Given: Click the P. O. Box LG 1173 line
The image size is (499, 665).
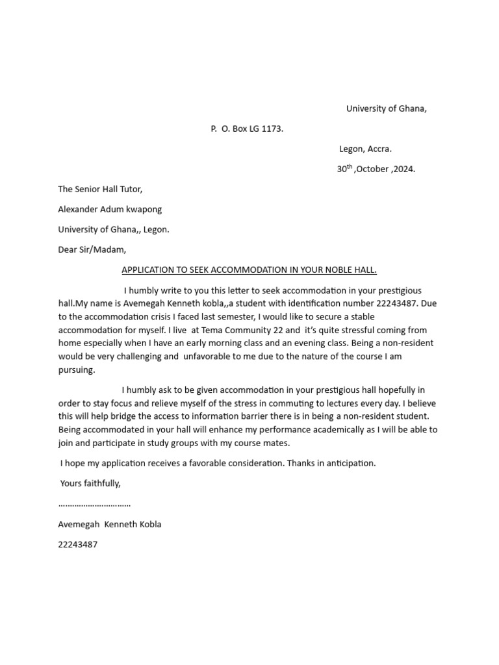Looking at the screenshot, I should [x=247, y=129].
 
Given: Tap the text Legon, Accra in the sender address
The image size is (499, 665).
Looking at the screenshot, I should [x=365, y=149].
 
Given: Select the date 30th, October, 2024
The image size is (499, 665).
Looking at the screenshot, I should [x=376, y=169].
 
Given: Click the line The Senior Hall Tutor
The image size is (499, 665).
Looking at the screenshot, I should [x=100, y=189].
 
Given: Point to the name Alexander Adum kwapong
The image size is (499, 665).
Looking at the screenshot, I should [x=110, y=209].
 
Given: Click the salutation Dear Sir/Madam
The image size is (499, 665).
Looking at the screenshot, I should [x=92, y=249].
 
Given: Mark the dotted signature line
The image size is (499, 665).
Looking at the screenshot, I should [x=94, y=504].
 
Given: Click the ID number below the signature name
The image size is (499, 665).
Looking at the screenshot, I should [x=78, y=544].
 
